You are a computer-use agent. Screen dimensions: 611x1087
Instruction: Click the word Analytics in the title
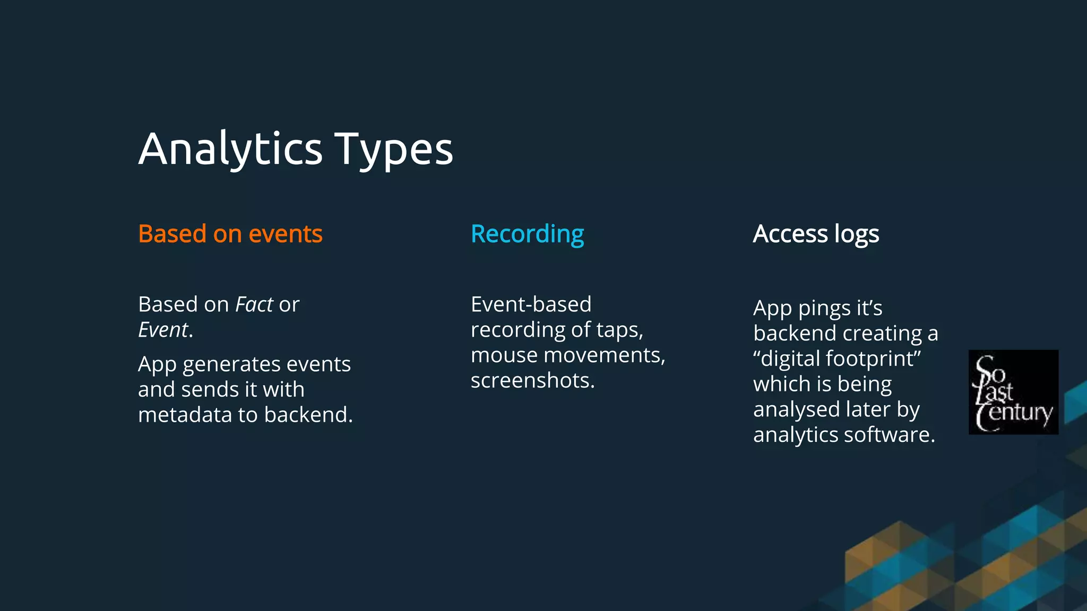pos(230,150)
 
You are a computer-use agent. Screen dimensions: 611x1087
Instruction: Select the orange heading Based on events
pos(230,234)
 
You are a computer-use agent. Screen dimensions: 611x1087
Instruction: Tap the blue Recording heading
pos(527,234)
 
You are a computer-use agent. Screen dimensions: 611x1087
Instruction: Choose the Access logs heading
pos(816,234)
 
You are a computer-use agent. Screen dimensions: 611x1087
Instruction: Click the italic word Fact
pos(254,304)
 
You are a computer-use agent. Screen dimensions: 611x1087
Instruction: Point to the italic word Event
pos(163,330)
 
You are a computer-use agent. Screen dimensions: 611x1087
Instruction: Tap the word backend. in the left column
pos(308,415)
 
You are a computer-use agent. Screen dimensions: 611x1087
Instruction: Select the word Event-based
pos(531,304)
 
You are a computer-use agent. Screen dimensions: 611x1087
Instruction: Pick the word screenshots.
pos(532,380)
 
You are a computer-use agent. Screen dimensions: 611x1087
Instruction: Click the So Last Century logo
pos(1013,392)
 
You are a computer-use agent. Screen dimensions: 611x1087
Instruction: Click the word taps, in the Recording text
pos(619,330)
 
